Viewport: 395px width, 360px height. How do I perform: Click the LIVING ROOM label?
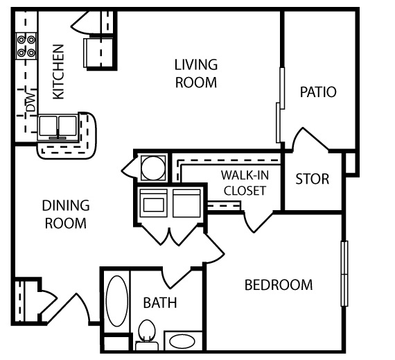coord(196,74)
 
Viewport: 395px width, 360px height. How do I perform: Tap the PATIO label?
coord(318,92)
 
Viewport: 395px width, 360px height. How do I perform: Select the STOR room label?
coord(313,179)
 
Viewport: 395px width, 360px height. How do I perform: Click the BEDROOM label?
coord(279,285)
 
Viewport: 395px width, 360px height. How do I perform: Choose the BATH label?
coord(160,302)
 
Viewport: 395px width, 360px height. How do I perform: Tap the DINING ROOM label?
coord(66,214)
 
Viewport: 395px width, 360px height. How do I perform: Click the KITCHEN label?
coord(58,72)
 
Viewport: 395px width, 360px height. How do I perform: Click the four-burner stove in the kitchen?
coord(26,46)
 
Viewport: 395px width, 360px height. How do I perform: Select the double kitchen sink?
coord(58,128)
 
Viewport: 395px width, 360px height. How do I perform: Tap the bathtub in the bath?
coord(117,301)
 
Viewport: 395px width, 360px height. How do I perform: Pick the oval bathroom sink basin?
coord(182,341)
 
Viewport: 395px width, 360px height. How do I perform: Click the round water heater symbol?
coord(153,168)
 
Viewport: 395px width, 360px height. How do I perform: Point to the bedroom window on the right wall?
coord(344,274)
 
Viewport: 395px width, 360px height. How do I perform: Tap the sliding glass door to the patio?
coord(281,105)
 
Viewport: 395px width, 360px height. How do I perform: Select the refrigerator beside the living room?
coord(98,53)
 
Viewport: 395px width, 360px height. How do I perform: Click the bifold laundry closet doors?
coord(170,234)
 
